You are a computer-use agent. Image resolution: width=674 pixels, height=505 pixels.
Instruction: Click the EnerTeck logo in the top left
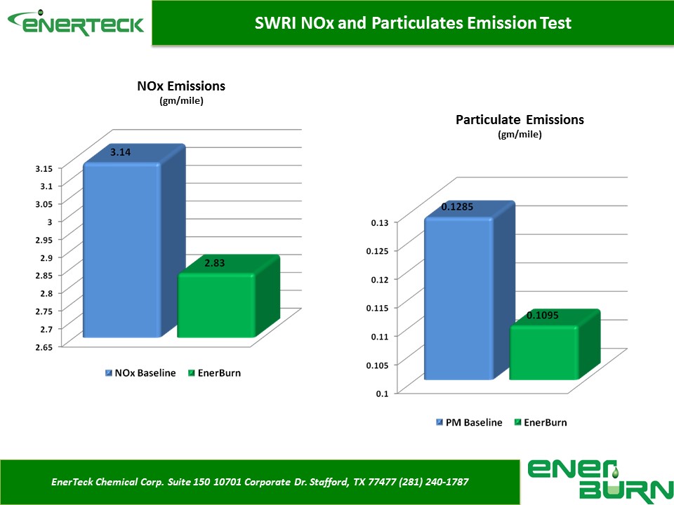76,22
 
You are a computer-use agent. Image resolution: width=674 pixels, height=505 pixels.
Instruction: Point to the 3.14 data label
120,152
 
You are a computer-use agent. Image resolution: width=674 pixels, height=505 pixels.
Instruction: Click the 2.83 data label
215,263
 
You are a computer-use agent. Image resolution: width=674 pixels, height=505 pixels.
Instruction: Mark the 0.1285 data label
457,206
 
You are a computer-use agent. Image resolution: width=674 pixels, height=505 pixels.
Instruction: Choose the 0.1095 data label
543,315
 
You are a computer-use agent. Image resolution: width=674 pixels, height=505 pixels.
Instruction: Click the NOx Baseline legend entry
140,372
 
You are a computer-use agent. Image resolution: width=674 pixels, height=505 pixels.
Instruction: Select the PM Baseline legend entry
469,422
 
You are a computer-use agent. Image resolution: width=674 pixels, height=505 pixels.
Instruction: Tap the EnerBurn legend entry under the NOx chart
215,372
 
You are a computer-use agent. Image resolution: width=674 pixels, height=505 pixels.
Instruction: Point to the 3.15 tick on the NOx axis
44,168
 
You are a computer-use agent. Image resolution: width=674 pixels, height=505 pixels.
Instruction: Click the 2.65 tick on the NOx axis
44,347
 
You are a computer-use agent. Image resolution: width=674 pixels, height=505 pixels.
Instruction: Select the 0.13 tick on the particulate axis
380,222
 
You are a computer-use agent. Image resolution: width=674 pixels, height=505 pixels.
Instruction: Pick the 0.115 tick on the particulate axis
377,308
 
